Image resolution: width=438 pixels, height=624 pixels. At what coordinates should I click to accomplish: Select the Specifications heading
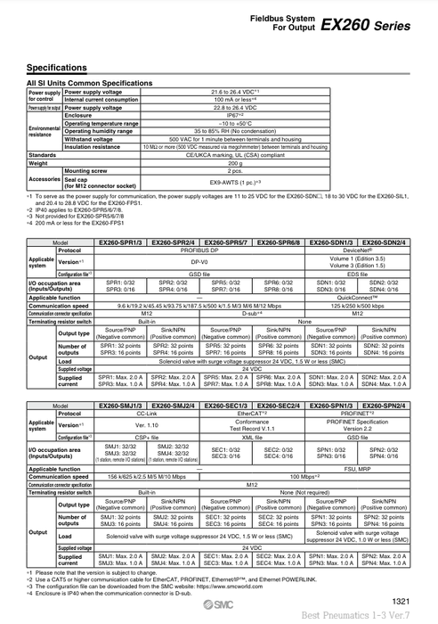click(57, 68)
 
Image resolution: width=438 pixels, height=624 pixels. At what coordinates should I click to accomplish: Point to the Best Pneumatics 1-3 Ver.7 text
click(380, 615)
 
